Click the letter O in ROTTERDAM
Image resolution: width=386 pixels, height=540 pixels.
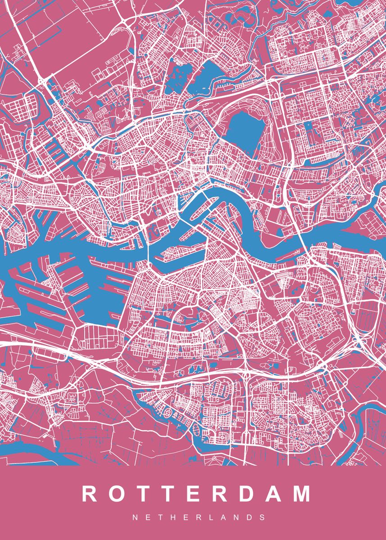[115, 494]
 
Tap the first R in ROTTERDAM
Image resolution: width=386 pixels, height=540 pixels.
[90, 494]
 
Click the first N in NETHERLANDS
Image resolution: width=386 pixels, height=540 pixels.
[135, 518]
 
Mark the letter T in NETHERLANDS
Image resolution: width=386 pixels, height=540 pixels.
[160, 518]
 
